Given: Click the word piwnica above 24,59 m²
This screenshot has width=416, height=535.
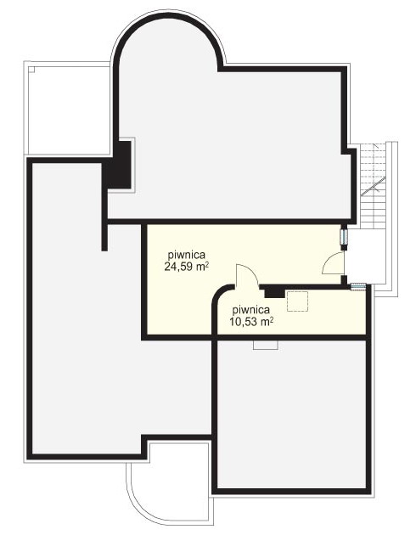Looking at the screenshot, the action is tap(186, 255).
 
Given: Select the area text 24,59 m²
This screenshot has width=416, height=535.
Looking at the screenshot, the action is tap(187, 267).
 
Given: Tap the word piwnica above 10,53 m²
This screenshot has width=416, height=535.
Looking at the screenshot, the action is tap(251, 310).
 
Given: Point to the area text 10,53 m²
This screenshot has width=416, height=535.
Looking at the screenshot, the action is tap(251, 321).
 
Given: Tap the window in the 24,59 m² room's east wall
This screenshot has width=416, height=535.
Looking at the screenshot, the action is tap(344, 236).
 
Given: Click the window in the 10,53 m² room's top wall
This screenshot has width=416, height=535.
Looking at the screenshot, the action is tap(358, 287).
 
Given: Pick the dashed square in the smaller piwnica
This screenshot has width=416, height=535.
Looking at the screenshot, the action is tap(298, 301).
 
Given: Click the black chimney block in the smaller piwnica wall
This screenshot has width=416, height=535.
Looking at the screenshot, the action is tap(275, 292).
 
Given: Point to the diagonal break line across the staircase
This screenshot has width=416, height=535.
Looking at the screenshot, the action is tap(374, 186).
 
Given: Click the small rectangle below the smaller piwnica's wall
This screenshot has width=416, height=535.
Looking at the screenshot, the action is tap(266, 345).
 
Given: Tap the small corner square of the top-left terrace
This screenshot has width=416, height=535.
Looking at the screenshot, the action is tap(31, 70).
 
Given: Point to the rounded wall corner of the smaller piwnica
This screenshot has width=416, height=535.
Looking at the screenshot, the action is tap(218, 293).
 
